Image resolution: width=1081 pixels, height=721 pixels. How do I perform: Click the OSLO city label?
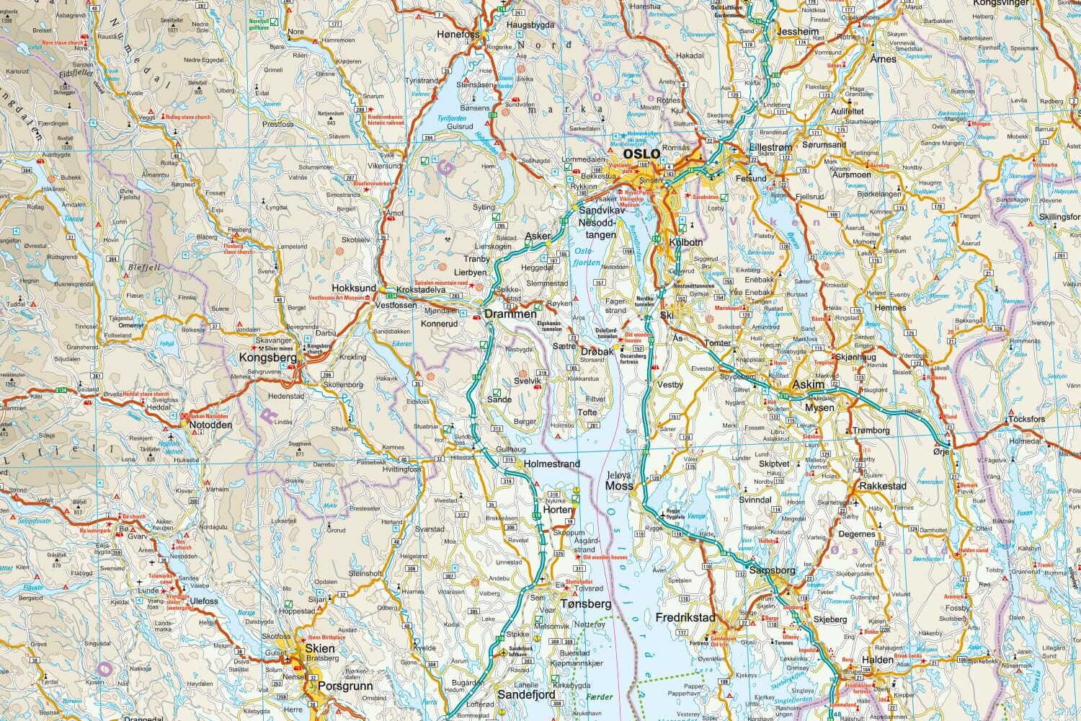click(641, 154)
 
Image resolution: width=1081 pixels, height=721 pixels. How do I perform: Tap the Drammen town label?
click(510, 314)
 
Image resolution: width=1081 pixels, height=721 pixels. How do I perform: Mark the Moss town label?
click(619, 486)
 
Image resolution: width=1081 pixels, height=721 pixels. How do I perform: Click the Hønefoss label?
click(463, 35)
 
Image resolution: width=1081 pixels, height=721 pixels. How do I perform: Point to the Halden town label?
click(876, 660)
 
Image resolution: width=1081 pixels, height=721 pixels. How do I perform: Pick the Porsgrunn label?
click(345, 686)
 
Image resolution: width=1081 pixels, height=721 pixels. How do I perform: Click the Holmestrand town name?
click(552, 464)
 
